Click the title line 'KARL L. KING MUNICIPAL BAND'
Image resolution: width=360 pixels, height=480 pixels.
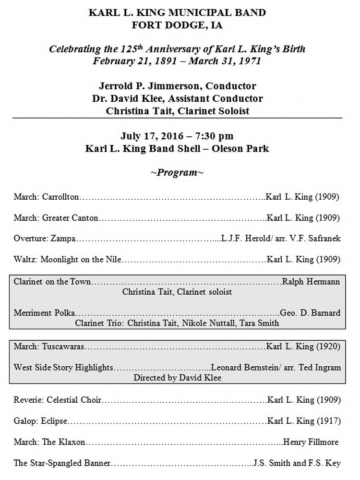tap(177, 13)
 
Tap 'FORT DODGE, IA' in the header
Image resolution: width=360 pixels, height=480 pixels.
tap(177, 25)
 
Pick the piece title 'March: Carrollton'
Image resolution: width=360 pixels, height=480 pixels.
tap(47, 197)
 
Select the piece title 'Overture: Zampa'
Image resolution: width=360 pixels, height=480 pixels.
tap(45, 239)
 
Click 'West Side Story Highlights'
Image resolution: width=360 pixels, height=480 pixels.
tap(64, 368)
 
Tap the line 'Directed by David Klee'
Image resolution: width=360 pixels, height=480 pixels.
tap(177, 378)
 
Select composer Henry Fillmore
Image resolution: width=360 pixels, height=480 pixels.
tap(311, 442)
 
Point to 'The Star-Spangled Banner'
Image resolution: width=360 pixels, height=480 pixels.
tap(62, 463)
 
